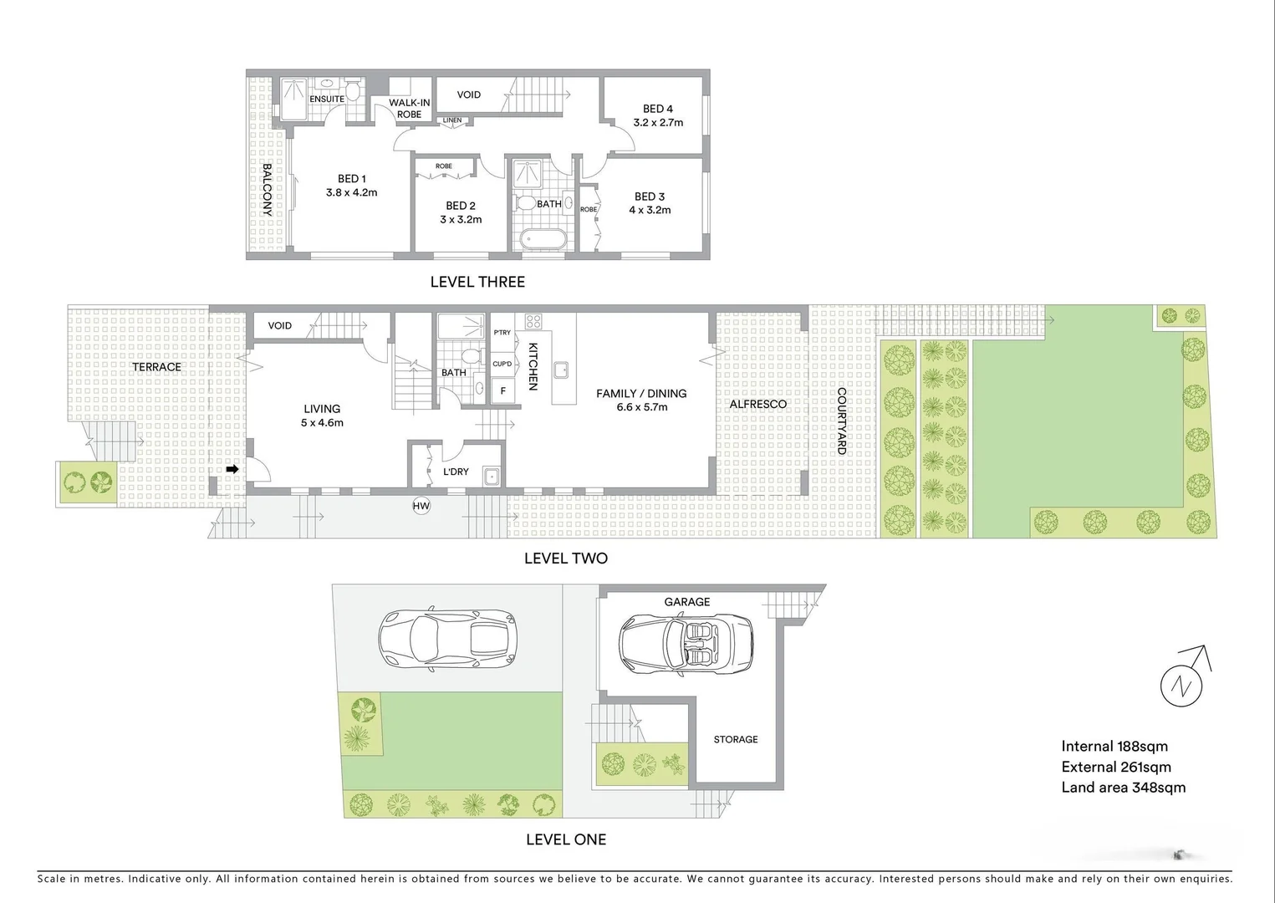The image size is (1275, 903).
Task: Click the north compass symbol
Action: pyautogui.click(x=1182, y=685)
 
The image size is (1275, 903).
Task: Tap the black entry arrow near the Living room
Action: pyautogui.click(x=232, y=469)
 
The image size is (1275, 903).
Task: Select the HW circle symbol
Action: pyautogui.click(x=421, y=506)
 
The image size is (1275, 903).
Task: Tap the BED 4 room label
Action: pyautogui.click(x=658, y=109)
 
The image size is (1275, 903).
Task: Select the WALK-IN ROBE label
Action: pyautogui.click(x=410, y=109)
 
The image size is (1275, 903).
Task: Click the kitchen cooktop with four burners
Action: pyautogui.click(x=533, y=321)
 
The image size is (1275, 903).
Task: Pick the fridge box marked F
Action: pyautogui.click(x=503, y=390)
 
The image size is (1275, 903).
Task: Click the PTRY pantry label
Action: pyautogui.click(x=502, y=333)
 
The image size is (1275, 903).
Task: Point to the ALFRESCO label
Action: pyautogui.click(x=758, y=404)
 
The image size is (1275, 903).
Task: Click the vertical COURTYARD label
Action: pyautogui.click(x=841, y=421)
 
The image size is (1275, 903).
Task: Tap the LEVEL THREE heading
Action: pyautogui.click(x=477, y=282)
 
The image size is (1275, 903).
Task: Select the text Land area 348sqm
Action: pyautogui.click(x=1123, y=787)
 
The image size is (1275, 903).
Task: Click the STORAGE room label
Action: pyautogui.click(x=736, y=739)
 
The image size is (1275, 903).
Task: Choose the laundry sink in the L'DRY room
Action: pyautogui.click(x=492, y=477)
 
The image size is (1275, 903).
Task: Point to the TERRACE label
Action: pyautogui.click(x=156, y=366)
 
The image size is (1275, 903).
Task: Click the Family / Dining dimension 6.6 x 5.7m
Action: pyautogui.click(x=641, y=407)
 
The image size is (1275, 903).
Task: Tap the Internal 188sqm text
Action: pyautogui.click(x=1114, y=746)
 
